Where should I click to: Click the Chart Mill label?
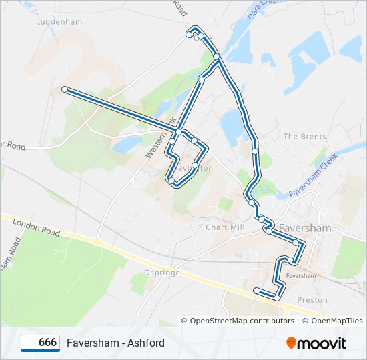(x=225, y=227)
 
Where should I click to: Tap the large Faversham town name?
(x=305, y=227)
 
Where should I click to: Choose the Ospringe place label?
(x=162, y=272)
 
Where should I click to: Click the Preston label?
(x=312, y=299)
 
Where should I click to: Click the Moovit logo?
(x=316, y=343)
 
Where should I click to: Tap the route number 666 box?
(x=40, y=343)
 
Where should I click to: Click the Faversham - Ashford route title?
(x=115, y=343)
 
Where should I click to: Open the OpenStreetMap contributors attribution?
(x=242, y=321)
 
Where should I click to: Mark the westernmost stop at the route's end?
(x=64, y=89)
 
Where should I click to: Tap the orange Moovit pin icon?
(x=291, y=343)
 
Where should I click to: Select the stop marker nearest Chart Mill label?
(x=251, y=203)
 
